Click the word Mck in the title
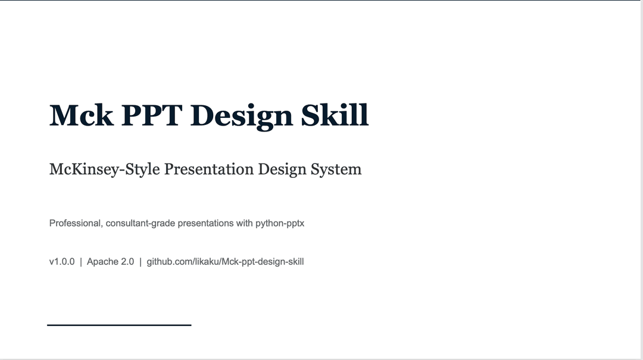click(x=81, y=115)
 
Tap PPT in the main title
click(x=152, y=115)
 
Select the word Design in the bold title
click(x=242, y=117)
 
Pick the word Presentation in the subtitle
click(x=209, y=169)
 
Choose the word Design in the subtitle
click(x=282, y=170)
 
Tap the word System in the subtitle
click(x=336, y=170)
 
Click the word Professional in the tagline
click(x=76, y=223)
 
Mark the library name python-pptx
click(x=280, y=224)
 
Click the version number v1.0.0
click(x=62, y=262)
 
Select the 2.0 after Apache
click(x=127, y=262)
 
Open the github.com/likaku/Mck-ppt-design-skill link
click(x=225, y=262)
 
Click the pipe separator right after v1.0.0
click(x=81, y=262)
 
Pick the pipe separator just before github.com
click(x=141, y=262)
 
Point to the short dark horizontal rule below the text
click(x=119, y=325)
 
